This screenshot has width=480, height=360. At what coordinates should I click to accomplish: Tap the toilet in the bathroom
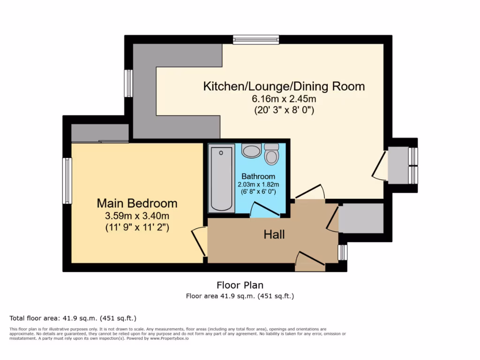pos(271,154)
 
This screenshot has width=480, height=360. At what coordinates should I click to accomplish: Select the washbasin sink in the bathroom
pos(252,151)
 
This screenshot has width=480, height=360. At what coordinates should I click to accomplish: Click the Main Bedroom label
pos(137,203)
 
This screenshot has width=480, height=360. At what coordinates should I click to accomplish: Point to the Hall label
pos(274,234)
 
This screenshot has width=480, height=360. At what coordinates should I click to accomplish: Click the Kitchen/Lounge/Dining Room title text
pos(284,86)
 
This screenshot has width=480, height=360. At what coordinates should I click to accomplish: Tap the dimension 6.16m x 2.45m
pos(284,99)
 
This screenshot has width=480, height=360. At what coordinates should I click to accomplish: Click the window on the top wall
pos(256,40)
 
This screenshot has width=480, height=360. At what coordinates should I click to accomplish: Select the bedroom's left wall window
pos(67,180)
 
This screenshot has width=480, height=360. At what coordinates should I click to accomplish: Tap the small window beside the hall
pos(343,252)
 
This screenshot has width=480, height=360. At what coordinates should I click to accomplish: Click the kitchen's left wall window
pos(128,83)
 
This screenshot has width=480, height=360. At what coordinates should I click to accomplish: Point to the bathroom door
pos(265,209)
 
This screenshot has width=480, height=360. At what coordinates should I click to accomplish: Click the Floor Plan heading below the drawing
pos(240,285)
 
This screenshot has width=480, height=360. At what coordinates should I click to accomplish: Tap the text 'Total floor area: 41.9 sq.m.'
pos(73,318)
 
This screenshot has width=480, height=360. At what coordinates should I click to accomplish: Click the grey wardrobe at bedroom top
pos(99,133)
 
